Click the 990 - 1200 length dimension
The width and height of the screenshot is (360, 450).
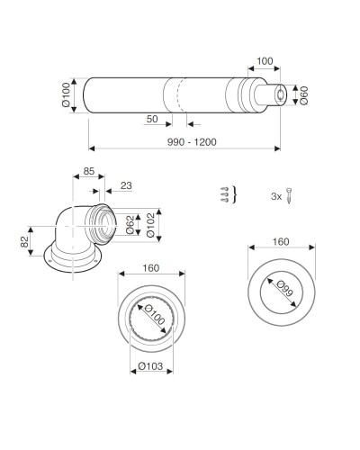(x=192, y=142)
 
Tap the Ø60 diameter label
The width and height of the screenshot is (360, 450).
(x=304, y=95)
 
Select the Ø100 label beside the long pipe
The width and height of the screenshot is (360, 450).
(x=66, y=94)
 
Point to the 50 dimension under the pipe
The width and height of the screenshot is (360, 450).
(x=152, y=119)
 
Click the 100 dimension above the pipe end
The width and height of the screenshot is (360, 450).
(x=265, y=61)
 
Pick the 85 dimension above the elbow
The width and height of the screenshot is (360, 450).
(x=89, y=171)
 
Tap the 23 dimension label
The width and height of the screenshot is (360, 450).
(x=126, y=185)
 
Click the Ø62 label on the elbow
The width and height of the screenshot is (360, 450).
(x=130, y=225)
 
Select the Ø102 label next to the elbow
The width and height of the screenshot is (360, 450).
(x=150, y=225)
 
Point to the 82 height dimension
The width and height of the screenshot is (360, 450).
(x=24, y=242)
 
